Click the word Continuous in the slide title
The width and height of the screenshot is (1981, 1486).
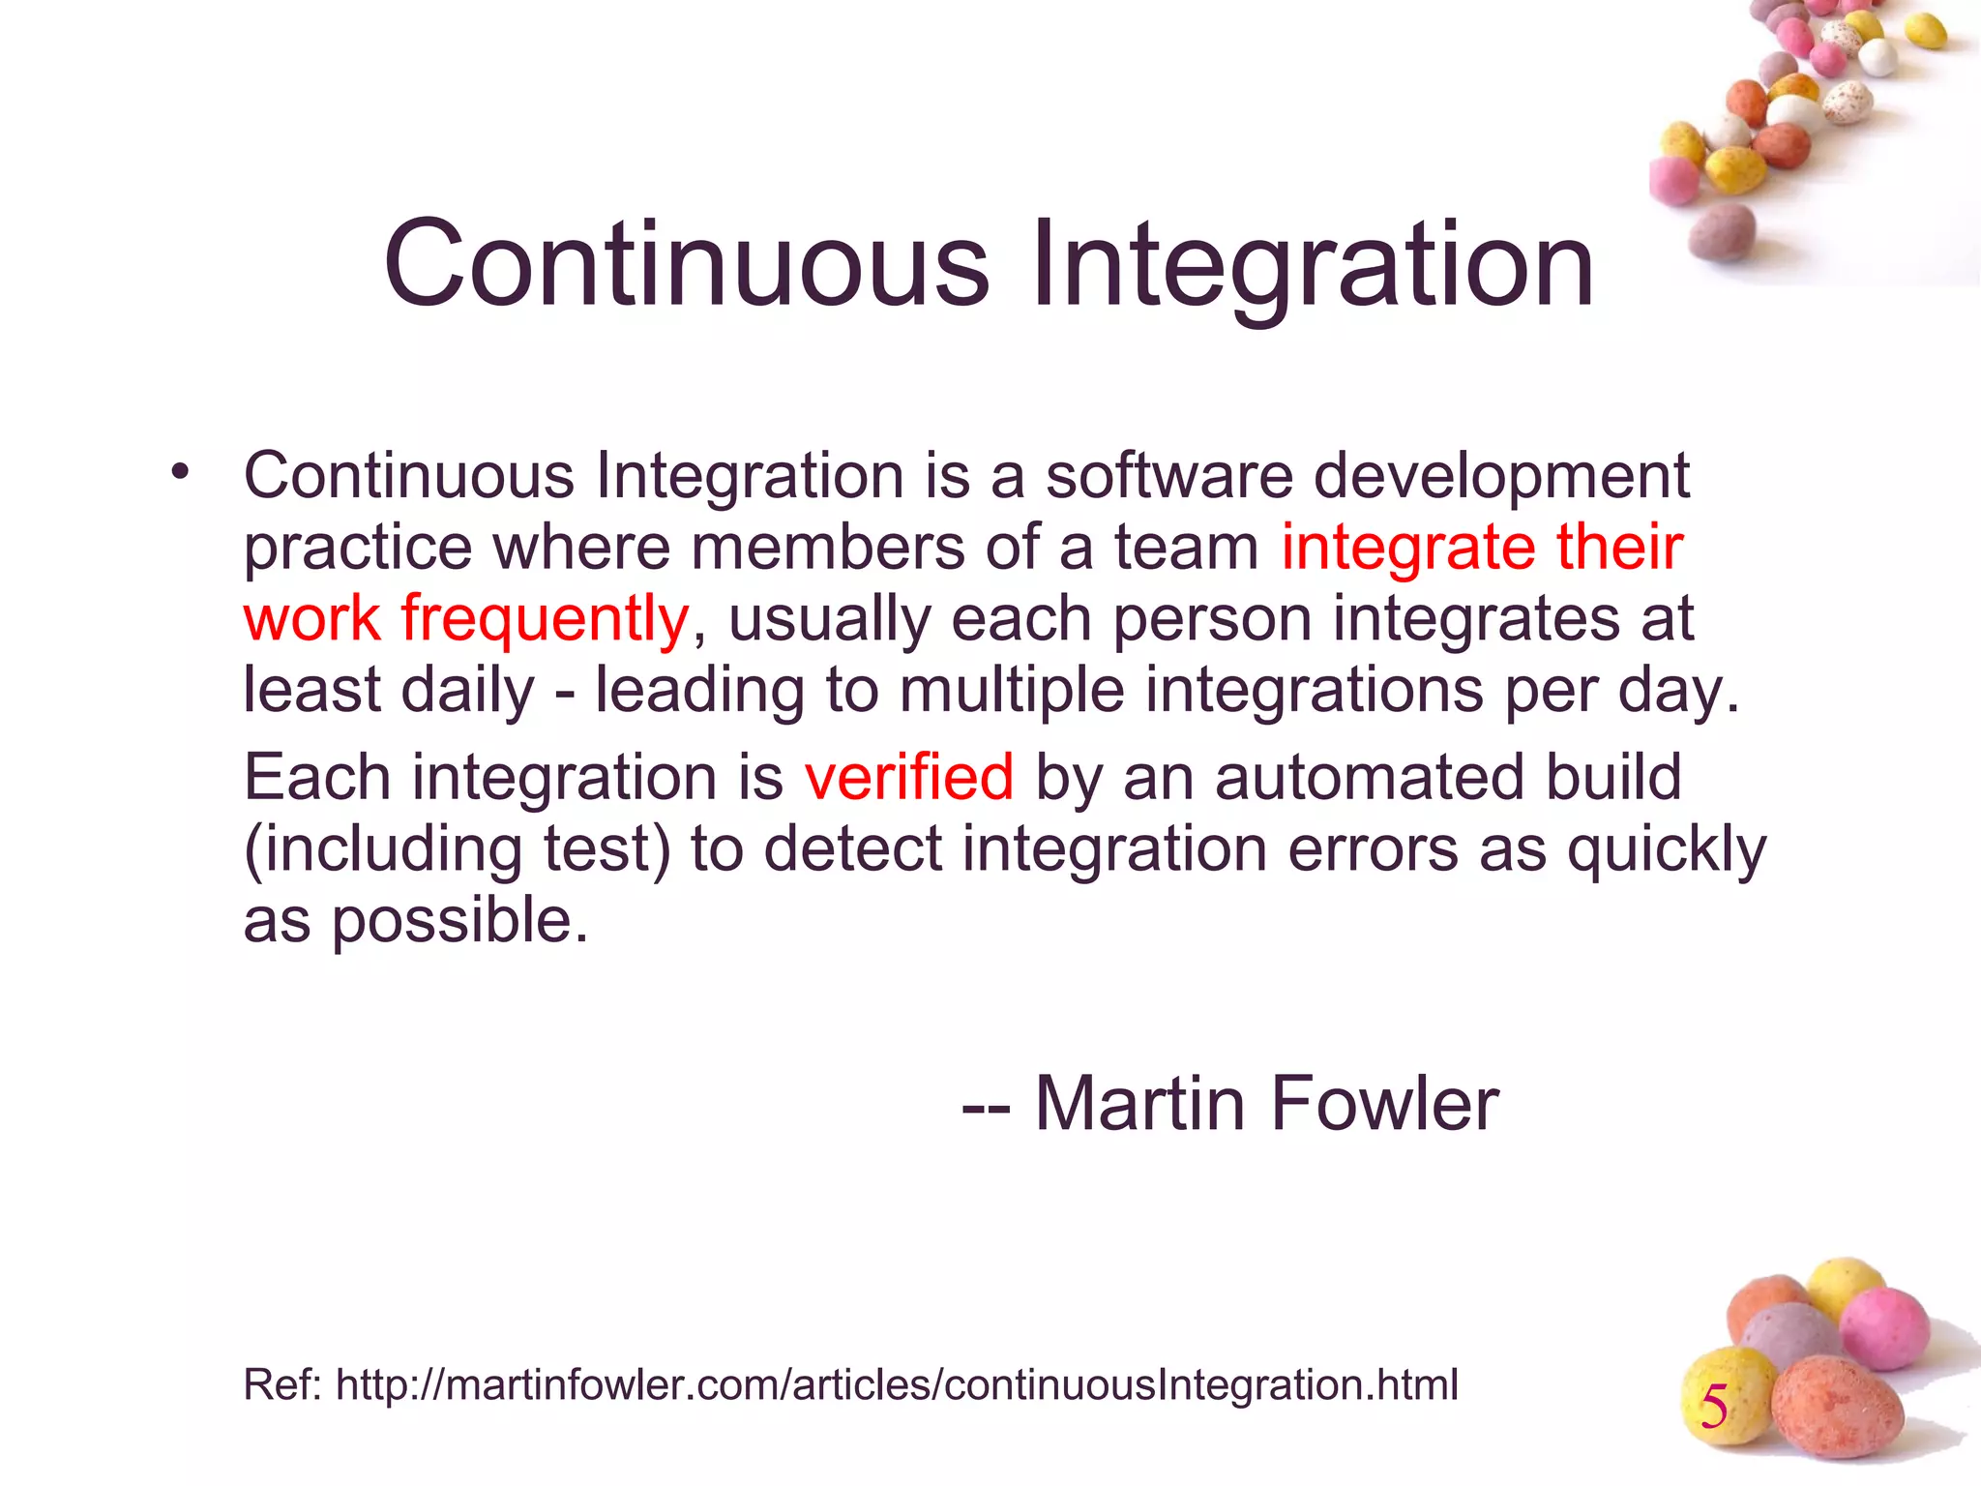(687, 264)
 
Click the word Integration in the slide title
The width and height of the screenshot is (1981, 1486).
(1313, 264)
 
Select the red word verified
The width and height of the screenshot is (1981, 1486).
(908, 777)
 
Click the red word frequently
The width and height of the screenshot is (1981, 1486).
(545, 619)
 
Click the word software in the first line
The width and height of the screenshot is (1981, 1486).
(1168, 476)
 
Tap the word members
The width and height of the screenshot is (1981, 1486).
(827, 548)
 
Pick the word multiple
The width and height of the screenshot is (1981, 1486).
(1012, 691)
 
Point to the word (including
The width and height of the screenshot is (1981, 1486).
(382, 849)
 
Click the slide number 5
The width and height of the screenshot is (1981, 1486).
(1714, 1408)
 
